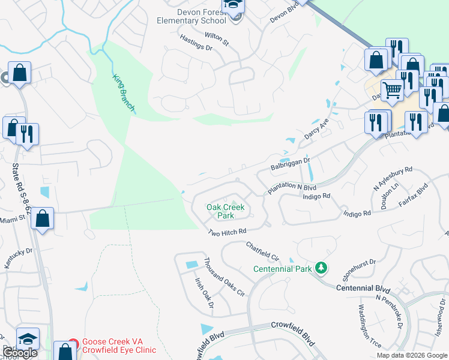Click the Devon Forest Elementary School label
(x=189, y=16)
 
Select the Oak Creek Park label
(x=226, y=211)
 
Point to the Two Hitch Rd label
(x=228, y=232)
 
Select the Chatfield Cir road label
(x=263, y=251)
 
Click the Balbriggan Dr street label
(x=289, y=162)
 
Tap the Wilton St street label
(x=217, y=39)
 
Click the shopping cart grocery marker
(x=392, y=91)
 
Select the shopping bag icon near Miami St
(x=43, y=218)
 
